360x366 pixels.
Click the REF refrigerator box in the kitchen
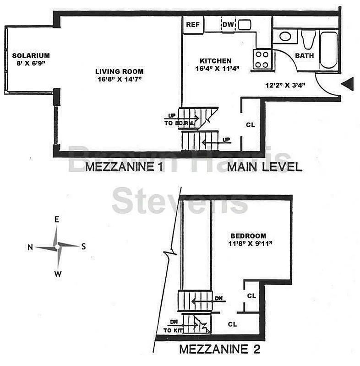tap(193, 25)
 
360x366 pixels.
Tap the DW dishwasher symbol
tap(228, 25)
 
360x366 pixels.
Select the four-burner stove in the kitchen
tap(262, 59)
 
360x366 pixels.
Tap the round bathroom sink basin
tap(285, 37)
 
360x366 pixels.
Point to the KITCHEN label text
tap(215, 61)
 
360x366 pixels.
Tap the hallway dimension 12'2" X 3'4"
tap(285, 85)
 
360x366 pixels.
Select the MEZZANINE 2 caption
tap(219, 350)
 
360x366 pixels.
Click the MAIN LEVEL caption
tap(265, 167)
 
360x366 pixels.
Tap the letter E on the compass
tap(57, 220)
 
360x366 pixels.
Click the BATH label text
tap(304, 56)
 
